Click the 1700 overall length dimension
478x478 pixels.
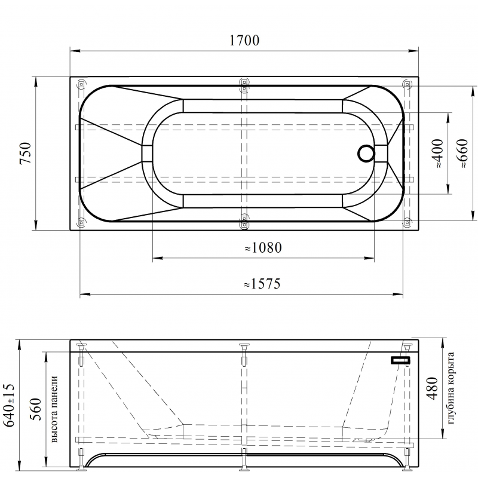(x=244, y=40)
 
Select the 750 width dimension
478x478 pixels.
(x=26, y=153)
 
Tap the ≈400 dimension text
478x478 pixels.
(x=438, y=154)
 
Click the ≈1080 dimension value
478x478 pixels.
(x=263, y=247)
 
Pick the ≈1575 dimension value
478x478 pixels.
(x=262, y=284)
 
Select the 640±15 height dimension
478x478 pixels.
(x=8, y=405)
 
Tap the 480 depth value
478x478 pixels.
(x=432, y=388)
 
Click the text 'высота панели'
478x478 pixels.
(x=54, y=409)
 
